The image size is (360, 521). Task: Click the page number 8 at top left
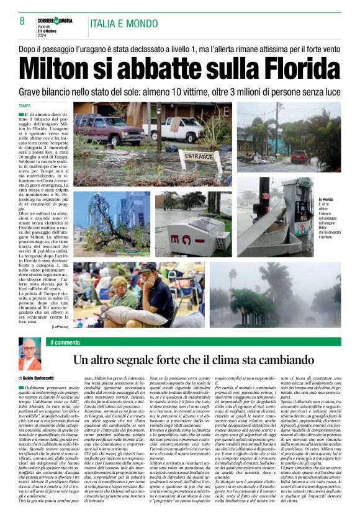tap(22, 21)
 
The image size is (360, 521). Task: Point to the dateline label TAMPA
tap(25, 106)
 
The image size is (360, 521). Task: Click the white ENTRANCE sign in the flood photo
tap(199, 156)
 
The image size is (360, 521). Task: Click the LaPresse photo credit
tap(60, 325)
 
